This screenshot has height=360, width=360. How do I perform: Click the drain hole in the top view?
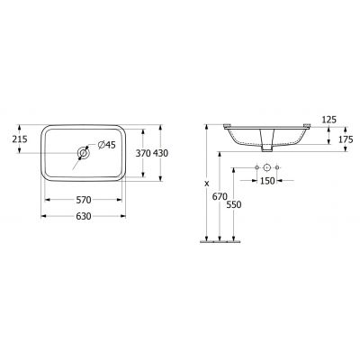[84, 154]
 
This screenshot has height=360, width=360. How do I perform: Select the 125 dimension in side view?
[328, 118]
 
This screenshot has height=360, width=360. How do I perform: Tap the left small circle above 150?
[256, 167]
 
